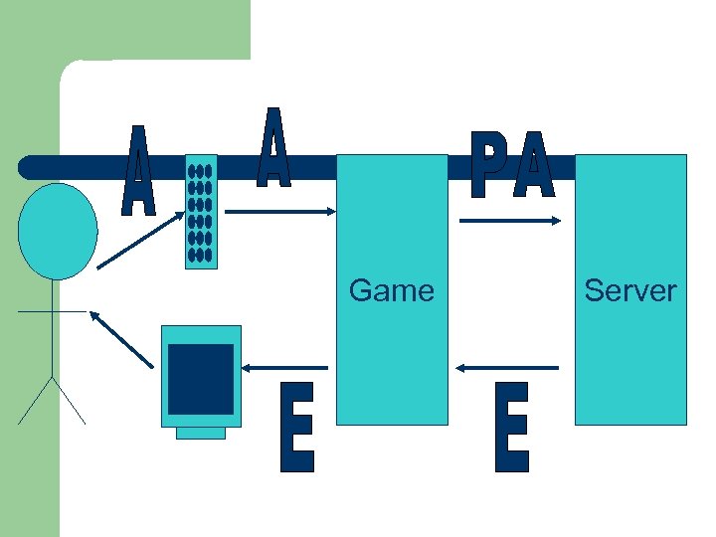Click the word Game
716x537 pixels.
(x=392, y=291)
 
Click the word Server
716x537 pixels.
(x=630, y=291)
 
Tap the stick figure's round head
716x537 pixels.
(x=59, y=231)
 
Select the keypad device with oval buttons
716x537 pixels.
(x=201, y=213)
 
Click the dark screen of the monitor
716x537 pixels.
(x=201, y=379)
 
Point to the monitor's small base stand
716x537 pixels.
(x=201, y=433)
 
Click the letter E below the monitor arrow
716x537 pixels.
(x=297, y=427)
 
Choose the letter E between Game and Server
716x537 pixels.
(x=511, y=427)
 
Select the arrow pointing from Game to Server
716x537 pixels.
(x=511, y=221)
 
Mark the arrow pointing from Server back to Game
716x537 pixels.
(x=507, y=369)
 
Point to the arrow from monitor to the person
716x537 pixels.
(x=121, y=339)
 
